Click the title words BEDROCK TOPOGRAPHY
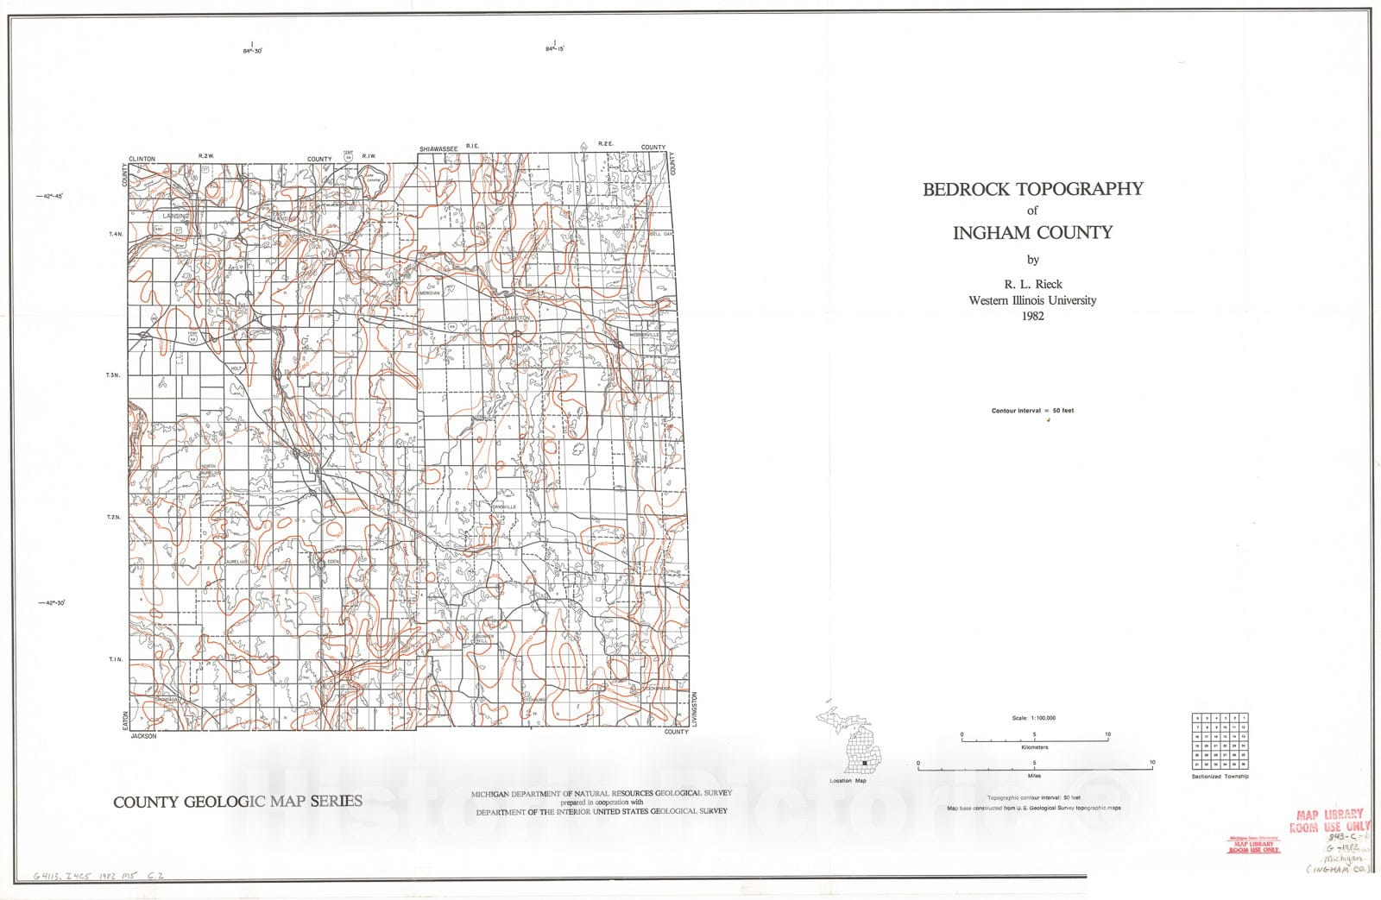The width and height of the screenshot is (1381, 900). [1032, 189]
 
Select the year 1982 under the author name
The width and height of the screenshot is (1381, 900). [1032, 316]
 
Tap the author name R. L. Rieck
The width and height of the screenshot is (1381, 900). [1032, 284]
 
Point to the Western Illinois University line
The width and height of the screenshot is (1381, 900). [1032, 300]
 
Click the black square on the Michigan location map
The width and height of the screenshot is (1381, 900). [863, 763]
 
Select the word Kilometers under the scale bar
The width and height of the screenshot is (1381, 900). [1034, 747]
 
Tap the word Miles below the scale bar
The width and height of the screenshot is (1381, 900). [1034, 776]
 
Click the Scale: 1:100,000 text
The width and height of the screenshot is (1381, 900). [1034, 718]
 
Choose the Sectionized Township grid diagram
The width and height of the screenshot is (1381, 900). [1220, 740]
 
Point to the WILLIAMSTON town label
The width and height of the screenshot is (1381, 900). [511, 318]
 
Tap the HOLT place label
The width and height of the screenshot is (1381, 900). [236, 368]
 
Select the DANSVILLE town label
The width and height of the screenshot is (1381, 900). [504, 507]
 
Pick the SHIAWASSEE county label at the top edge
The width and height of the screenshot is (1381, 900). [438, 149]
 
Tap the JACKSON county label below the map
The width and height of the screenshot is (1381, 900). [143, 736]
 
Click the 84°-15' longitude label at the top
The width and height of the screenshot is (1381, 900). [554, 50]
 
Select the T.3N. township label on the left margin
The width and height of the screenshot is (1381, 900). [113, 375]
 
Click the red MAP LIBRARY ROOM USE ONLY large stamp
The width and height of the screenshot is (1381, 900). [1330, 820]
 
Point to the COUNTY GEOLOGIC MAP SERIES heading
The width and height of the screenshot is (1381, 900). [237, 802]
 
